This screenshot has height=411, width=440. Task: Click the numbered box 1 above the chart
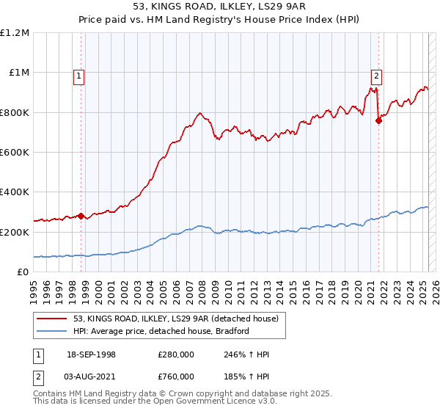pyautogui.click(x=78, y=74)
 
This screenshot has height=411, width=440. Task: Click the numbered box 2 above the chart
pyautogui.click(x=376, y=74)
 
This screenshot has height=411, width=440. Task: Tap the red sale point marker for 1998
pyautogui.click(x=81, y=216)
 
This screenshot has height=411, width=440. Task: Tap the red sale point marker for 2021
pyautogui.click(x=379, y=121)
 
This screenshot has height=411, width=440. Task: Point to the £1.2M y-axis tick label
pyautogui.click(x=15, y=33)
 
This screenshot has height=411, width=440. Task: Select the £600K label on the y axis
pyautogui.click(x=15, y=153)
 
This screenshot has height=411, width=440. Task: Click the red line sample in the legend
pyautogui.click(x=53, y=319)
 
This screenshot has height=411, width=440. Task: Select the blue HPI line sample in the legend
pyautogui.click(x=53, y=332)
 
